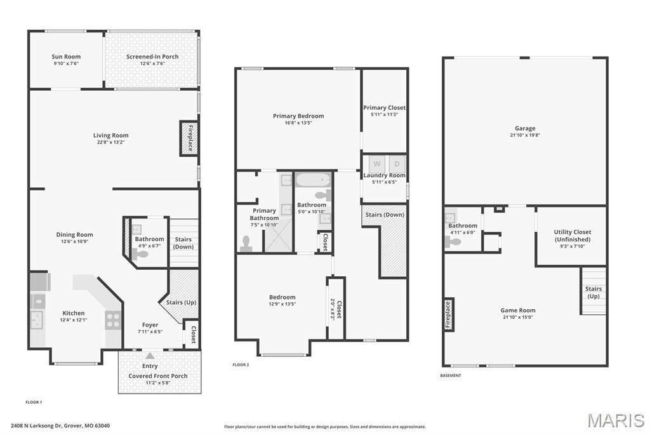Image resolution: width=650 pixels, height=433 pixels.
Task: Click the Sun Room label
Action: coord(66,57)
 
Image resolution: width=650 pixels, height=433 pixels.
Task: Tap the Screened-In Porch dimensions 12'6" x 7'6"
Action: coord(152,63)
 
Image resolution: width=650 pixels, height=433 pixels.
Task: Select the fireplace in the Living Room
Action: coord(189,138)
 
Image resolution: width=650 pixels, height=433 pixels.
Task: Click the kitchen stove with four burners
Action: coord(113,321)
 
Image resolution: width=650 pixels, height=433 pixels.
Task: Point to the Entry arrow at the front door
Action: coord(150,356)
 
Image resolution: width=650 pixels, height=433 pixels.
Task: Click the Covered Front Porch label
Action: coord(158,376)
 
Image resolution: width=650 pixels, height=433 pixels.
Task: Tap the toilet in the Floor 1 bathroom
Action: coord(140,254)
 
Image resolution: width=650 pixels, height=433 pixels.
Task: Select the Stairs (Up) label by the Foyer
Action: coord(181,302)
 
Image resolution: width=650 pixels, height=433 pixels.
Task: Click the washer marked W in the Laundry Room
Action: coord(376,163)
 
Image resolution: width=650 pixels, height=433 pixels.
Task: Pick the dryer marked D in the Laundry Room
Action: coord(397,163)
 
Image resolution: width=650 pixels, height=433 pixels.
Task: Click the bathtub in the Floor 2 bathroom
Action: coord(313,180)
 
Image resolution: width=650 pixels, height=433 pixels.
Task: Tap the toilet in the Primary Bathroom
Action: coord(246,243)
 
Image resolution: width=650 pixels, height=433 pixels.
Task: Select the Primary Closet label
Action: coord(384,108)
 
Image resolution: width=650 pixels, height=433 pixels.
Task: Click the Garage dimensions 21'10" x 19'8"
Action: coord(525,135)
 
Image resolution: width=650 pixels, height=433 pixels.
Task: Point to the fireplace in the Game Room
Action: coord(448,313)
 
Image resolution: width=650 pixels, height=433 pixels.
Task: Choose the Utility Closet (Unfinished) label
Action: coord(572,236)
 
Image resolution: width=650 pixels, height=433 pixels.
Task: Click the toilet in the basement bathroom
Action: coord(453,241)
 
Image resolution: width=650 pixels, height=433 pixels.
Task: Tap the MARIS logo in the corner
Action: coord(616,420)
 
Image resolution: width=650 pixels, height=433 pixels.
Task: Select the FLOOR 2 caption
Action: coord(241,365)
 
